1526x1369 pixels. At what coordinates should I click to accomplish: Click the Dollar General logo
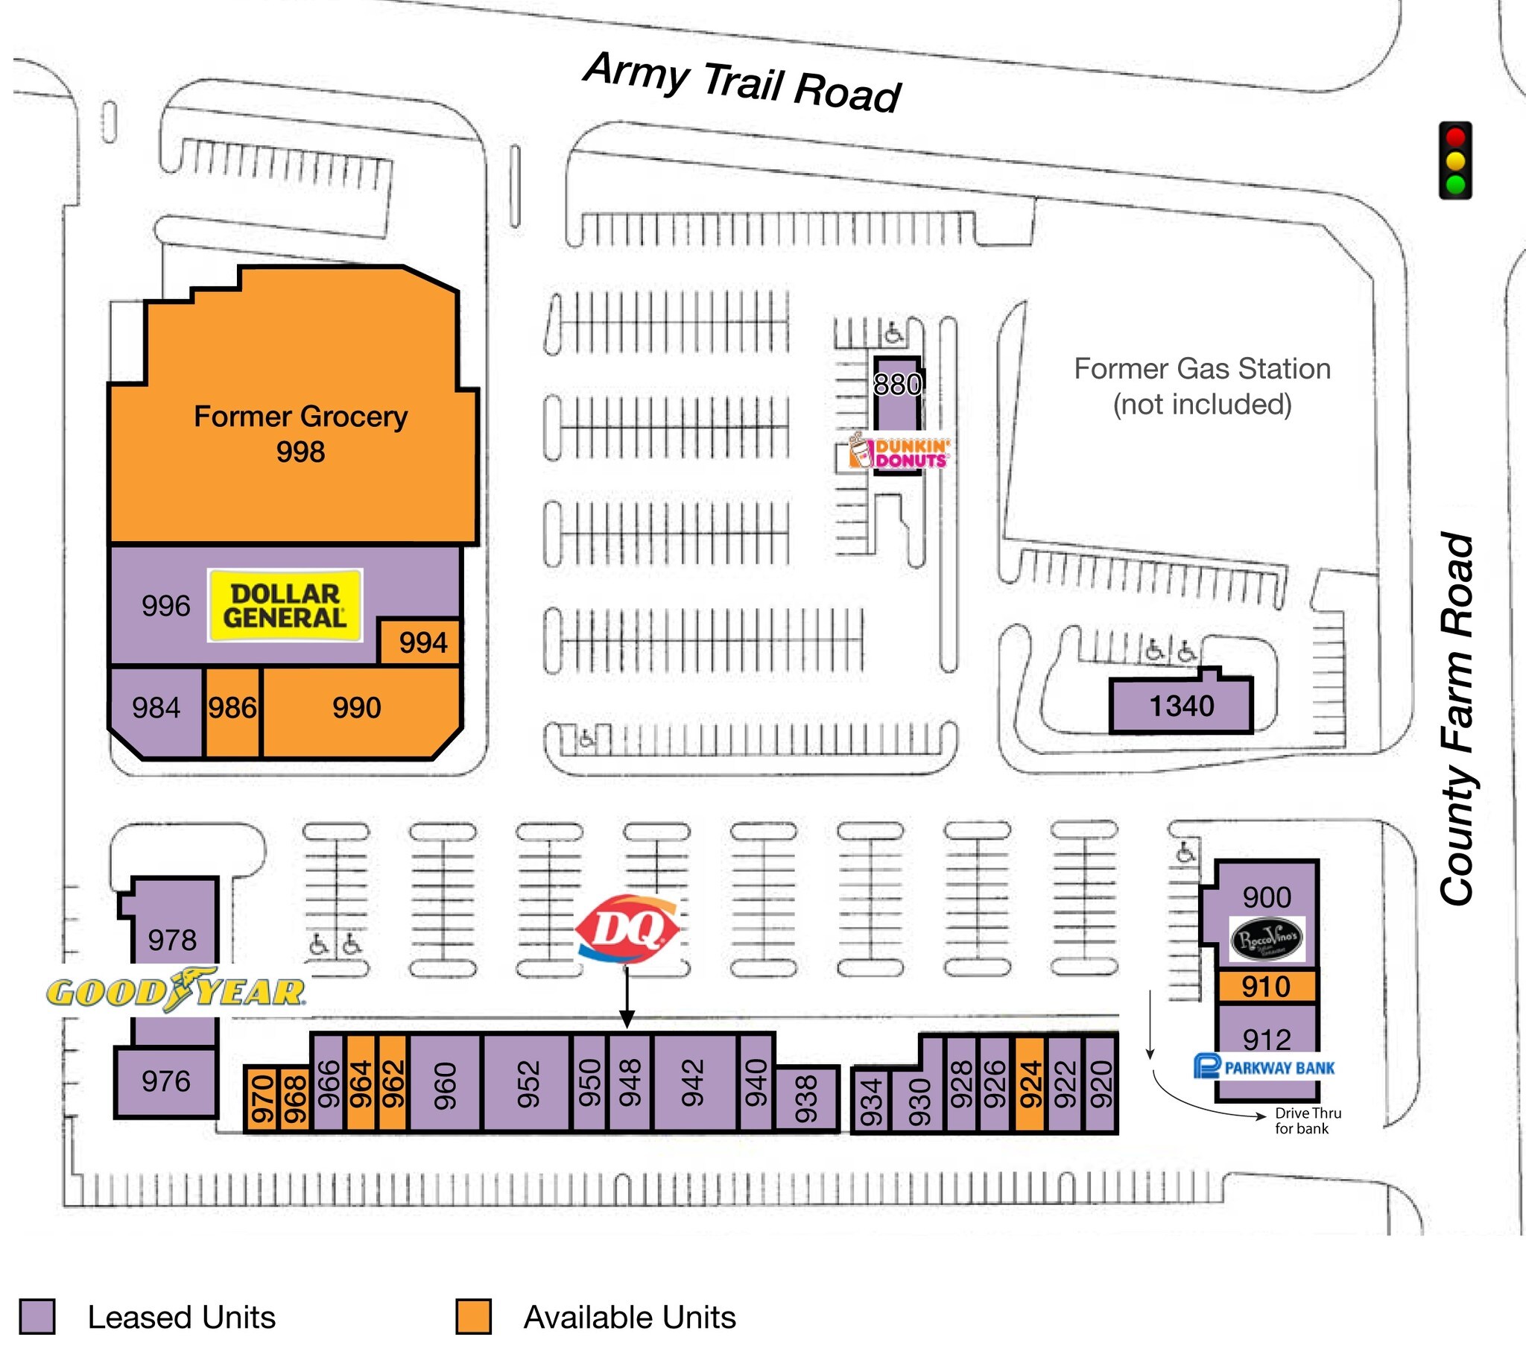[x=285, y=606]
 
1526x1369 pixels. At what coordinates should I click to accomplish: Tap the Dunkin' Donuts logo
[x=899, y=453]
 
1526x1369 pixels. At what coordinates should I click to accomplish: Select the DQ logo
[x=627, y=929]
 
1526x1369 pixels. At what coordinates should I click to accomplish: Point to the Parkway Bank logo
[x=1264, y=1067]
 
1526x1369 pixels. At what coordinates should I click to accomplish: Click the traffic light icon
[x=1455, y=161]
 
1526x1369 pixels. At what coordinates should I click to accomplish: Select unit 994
[x=422, y=642]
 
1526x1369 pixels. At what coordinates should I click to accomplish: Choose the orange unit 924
[x=1030, y=1084]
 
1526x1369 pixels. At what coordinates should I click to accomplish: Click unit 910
[x=1267, y=986]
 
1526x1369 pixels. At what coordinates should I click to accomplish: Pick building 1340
[x=1181, y=706]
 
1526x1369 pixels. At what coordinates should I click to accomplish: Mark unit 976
[x=166, y=1081]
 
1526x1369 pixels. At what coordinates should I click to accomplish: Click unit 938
[x=805, y=1098]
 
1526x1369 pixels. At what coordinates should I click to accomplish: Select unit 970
[x=262, y=1098]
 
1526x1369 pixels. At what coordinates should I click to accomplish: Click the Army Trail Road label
[x=742, y=83]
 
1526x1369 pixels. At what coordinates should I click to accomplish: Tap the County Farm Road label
[x=1457, y=718]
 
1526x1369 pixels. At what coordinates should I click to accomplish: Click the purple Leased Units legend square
[x=37, y=1317]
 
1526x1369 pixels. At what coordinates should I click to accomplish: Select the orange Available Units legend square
[x=473, y=1317]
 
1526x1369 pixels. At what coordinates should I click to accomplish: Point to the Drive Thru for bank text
[x=1307, y=1121]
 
